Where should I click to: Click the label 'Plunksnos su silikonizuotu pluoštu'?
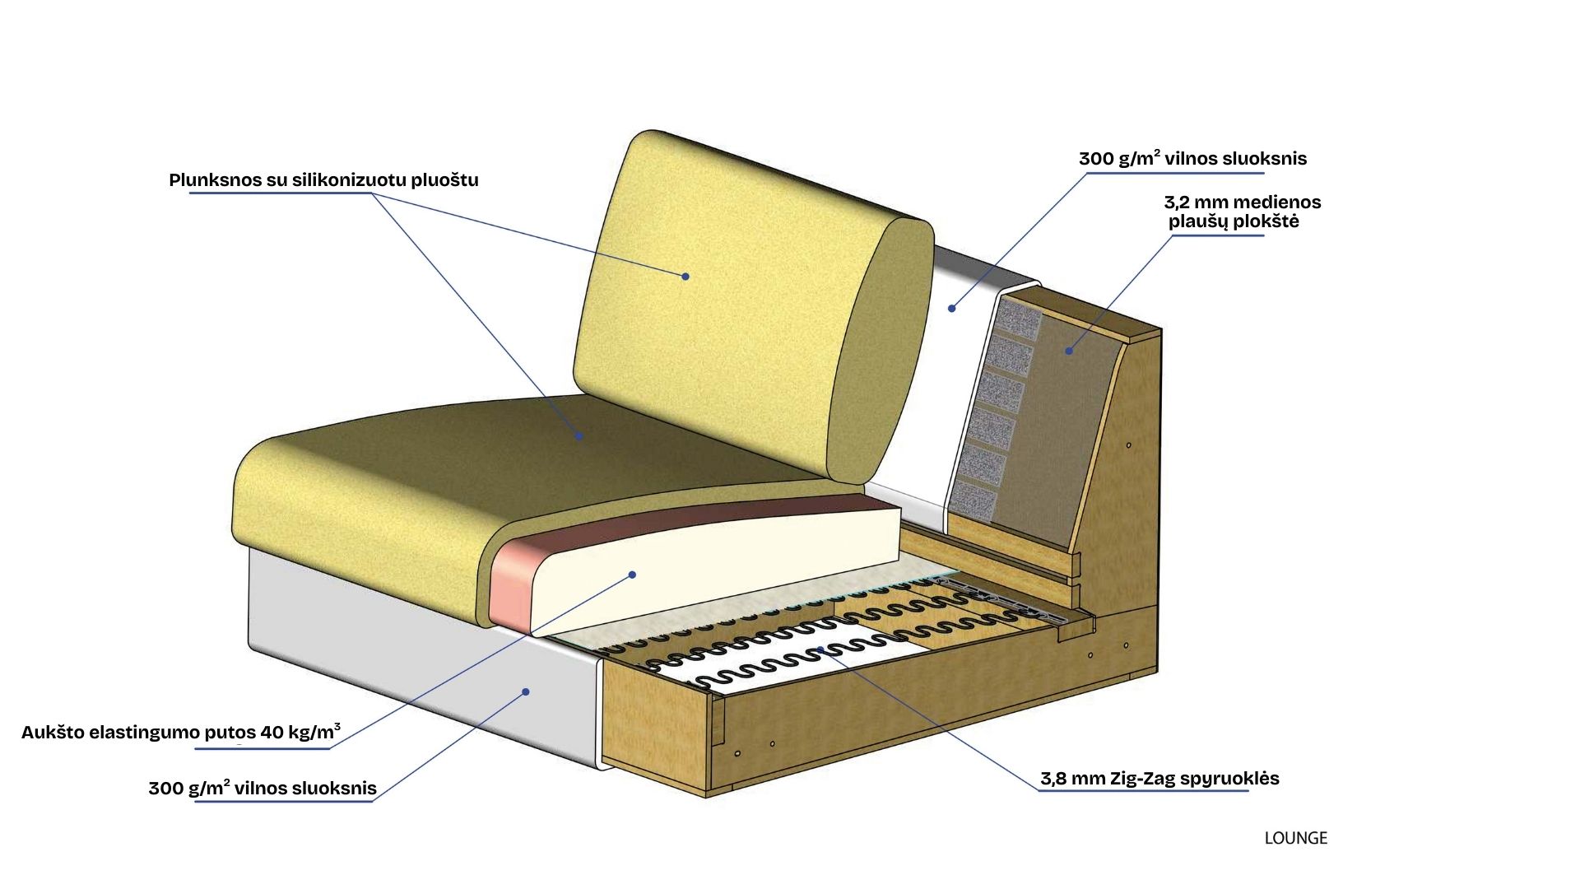click(x=323, y=180)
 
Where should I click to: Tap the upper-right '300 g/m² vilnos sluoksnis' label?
click(x=1192, y=159)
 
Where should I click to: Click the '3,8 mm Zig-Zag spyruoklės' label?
click(x=1159, y=779)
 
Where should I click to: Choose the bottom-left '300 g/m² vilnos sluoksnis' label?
click(x=263, y=789)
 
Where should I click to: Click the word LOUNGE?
click(x=1295, y=838)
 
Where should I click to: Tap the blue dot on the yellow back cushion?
click(x=685, y=277)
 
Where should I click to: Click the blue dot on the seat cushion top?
click(x=579, y=436)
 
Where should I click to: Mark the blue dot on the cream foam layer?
click(x=633, y=575)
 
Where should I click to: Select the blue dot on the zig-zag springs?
click(x=820, y=650)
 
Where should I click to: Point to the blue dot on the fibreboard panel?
click(x=1069, y=351)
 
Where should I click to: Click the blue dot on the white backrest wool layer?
click(x=951, y=309)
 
